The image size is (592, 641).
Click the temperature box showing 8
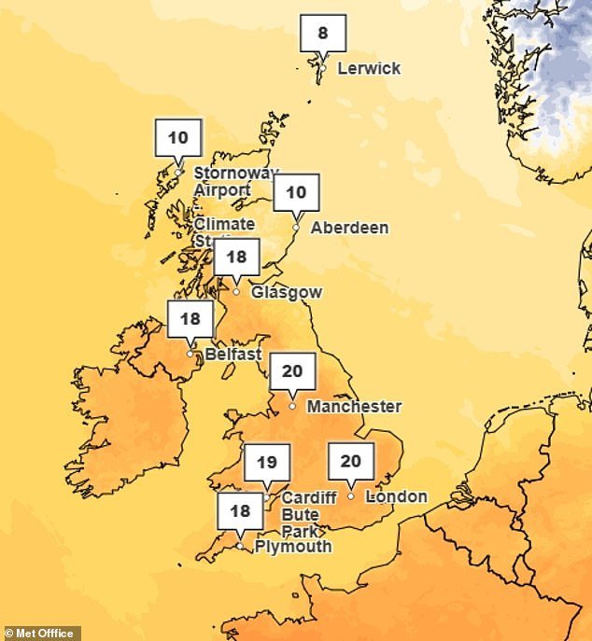(323, 34)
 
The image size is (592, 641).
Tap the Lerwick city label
(369, 68)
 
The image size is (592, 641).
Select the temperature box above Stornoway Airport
(177, 138)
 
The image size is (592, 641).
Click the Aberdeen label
(349, 228)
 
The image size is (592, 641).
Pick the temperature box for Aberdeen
(296, 193)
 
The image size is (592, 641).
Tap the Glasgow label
(287, 292)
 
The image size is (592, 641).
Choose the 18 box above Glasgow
(236, 257)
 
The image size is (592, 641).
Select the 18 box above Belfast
(190, 319)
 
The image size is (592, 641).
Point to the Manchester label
(354, 407)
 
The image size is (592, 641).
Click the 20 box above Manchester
(292, 371)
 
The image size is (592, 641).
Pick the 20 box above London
(350, 461)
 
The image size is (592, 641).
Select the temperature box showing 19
(267, 462)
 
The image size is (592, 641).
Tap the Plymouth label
(293, 547)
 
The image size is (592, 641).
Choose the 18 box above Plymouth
(240, 511)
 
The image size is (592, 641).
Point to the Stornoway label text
(235, 174)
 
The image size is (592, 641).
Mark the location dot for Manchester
(292, 406)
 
